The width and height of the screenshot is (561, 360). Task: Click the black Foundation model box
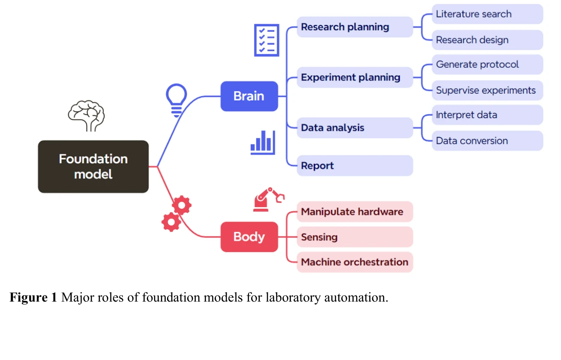pyautogui.click(x=93, y=167)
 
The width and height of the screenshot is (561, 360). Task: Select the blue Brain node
pyautogui.click(x=249, y=96)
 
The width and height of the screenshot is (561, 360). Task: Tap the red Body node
pyautogui.click(x=249, y=237)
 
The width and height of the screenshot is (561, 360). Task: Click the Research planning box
pyautogui.click(x=355, y=27)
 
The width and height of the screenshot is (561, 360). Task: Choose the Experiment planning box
pyautogui.click(x=355, y=78)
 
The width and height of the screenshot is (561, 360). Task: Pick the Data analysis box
pyautogui.click(x=355, y=128)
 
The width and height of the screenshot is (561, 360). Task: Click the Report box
pyautogui.click(x=355, y=166)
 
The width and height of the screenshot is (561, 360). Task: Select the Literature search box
pyautogui.click(x=487, y=14)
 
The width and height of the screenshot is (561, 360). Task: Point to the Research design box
pyautogui.click(x=487, y=40)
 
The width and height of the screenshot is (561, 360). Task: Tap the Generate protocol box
pyautogui.click(x=487, y=65)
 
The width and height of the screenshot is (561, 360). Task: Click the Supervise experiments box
pyautogui.click(x=487, y=91)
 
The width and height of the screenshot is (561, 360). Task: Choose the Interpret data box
pyautogui.click(x=487, y=115)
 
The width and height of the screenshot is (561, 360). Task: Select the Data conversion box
pyautogui.click(x=487, y=141)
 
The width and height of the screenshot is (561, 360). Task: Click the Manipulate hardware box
pyautogui.click(x=355, y=212)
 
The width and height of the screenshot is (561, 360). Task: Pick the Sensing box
pyautogui.click(x=355, y=237)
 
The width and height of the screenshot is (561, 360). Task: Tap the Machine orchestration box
pyautogui.click(x=355, y=262)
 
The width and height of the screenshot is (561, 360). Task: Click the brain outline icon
pyautogui.click(x=86, y=115)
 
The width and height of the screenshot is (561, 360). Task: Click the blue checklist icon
pyautogui.click(x=267, y=40)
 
